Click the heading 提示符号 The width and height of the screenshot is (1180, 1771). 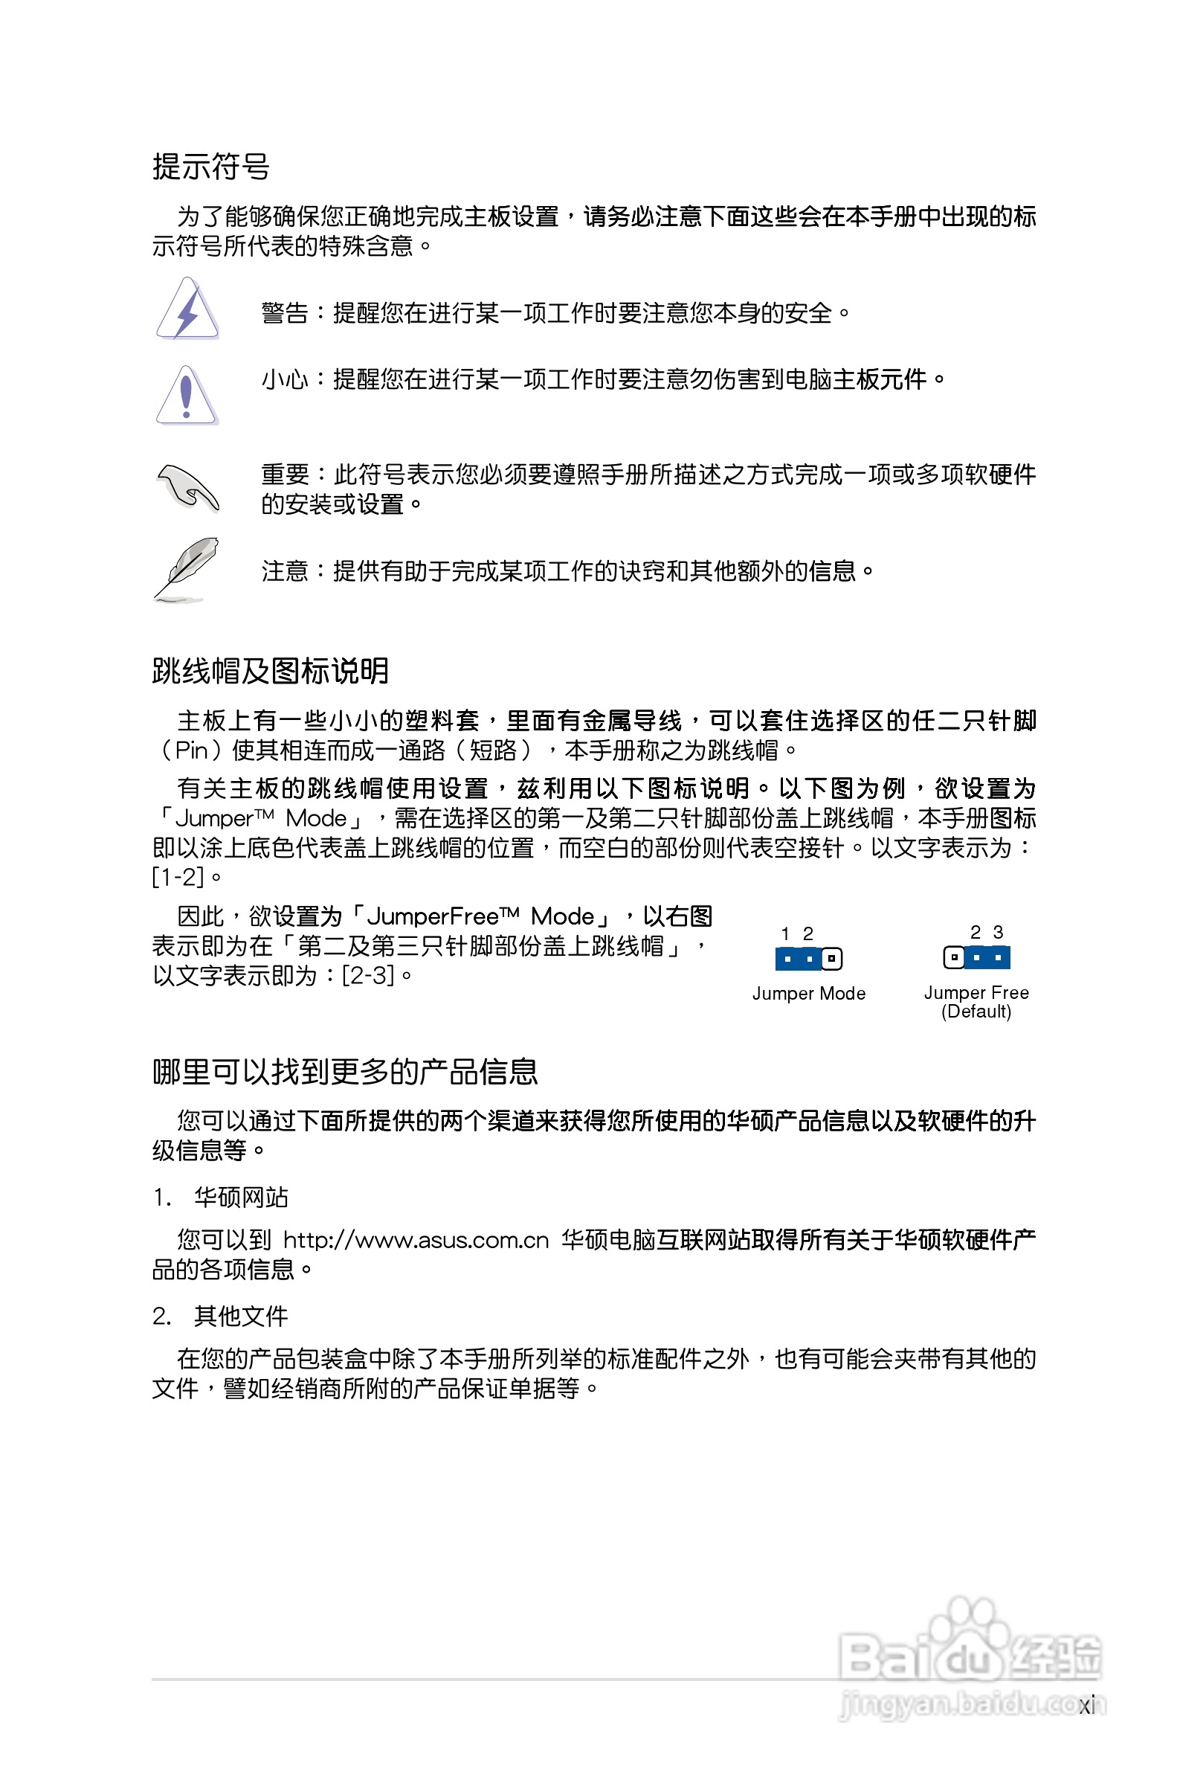click(x=210, y=167)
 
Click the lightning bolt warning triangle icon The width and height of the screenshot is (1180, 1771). click(x=187, y=309)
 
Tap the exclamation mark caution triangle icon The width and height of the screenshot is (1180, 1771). click(x=187, y=396)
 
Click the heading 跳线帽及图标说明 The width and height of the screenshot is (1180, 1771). click(x=270, y=671)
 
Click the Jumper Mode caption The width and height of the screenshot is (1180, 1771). click(x=808, y=994)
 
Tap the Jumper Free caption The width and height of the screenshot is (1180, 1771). click(x=976, y=993)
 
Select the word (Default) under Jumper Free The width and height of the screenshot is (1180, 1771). click(x=976, y=1012)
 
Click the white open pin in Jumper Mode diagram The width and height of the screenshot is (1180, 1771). click(x=831, y=959)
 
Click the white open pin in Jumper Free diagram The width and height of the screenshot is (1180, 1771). click(x=953, y=957)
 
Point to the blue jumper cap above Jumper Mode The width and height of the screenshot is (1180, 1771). click(x=798, y=959)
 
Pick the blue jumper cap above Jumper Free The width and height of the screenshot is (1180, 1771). click(x=987, y=957)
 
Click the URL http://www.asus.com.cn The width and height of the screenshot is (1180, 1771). click(x=416, y=1241)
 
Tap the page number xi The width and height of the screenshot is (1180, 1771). click(x=1086, y=1706)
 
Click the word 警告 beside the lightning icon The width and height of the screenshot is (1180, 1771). click(x=285, y=313)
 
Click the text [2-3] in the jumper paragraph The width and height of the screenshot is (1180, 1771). click(x=368, y=975)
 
